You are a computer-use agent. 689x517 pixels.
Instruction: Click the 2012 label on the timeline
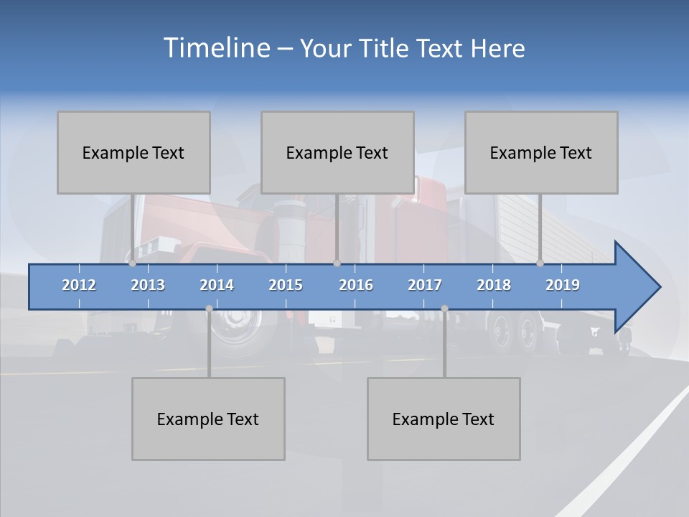pyautogui.click(x=79, y=285)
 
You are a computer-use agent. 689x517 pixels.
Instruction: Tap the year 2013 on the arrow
pyautogui.click(x=148, y=285)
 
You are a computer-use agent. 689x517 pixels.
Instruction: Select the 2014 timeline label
pyautogui.click(x=217, y=285)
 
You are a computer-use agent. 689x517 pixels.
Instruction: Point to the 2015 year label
pyautogui.click(x=286, y=285)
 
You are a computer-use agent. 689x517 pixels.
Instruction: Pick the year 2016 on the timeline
pyautogui.click(x=356, y=285)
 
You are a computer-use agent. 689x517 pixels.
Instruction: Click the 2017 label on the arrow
pyautogui.click(x=425, y=285)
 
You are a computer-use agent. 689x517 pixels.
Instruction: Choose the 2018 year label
pyautogui.click(x=494, y=285)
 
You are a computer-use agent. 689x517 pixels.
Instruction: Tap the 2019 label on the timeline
pyautogui.click(x=563, y=285)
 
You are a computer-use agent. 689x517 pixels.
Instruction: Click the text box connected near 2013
pyautogui.click(x=133, y=152)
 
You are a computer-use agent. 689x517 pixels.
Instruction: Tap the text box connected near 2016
pyautogui.click(x=337, y=152)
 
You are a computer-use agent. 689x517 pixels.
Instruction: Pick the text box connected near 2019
pyautogui.click(x=541, y=152)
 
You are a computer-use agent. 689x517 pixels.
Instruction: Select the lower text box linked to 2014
pyautogui.click(x=208, y=419)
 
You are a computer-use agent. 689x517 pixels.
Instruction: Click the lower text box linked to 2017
pyautogui.click(x=444, y=419)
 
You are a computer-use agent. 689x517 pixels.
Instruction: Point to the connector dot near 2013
pyautogui.click(x=133, y=263)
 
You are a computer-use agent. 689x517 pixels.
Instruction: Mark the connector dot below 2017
pyautogui.click(x=444, y=309)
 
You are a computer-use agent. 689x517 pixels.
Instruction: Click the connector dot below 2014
pyautogui.click(x=209, y=309)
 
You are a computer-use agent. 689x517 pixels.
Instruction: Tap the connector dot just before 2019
pyautogui.click(x=540, y=263)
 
